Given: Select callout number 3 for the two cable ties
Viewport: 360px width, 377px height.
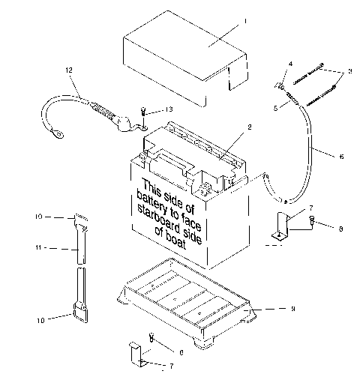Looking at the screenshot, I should click(x=348, y=72).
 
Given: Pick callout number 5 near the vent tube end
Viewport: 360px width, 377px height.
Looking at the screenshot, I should click(x=276, y=108).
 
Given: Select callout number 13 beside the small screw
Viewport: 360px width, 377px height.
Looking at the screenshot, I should click(x=168, y=109).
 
